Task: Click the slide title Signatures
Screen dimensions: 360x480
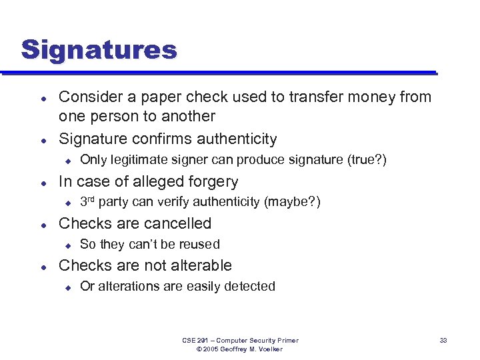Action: point(99,49)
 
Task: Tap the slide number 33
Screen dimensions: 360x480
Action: point(443,341)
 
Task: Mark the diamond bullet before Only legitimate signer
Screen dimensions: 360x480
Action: point(67,161)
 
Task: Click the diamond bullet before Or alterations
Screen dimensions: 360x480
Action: point(67,287)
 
